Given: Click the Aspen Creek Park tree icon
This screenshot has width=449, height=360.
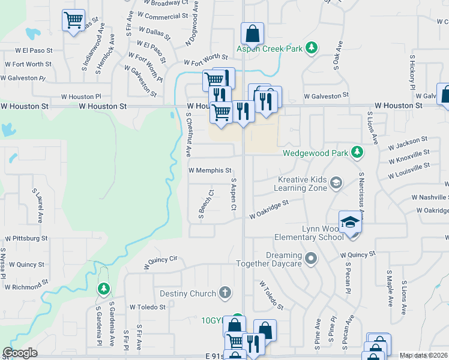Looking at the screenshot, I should click(x=311, y=47).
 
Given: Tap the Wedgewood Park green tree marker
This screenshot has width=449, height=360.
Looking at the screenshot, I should click(x=357, y=152).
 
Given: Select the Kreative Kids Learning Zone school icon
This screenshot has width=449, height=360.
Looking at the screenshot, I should click(x=336, y=182).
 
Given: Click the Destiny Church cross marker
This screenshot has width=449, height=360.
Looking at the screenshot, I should click(x=225, y=293).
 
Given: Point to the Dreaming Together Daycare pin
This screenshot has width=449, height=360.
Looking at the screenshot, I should click(x=310, y=259).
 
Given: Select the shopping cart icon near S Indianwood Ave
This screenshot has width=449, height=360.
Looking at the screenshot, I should click(x=73, y=21).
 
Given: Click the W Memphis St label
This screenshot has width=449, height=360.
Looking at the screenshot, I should click(x=209, y=170).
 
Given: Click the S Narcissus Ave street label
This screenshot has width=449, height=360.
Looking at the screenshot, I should click(x=361, y=190).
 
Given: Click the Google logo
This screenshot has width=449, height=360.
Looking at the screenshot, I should click(x=20, y=353).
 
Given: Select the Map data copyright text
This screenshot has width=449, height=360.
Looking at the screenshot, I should click(x=424, y=355).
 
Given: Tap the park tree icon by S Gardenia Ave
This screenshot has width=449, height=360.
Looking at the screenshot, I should click(x=103, y=289).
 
